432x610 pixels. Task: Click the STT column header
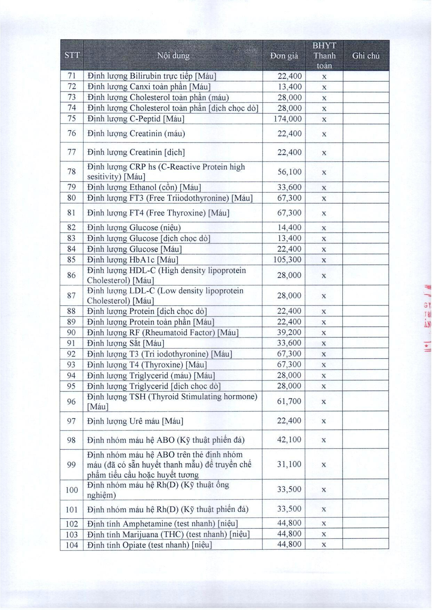point(72,55)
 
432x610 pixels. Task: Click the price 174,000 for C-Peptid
point(288,119)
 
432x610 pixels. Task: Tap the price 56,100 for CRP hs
point(289,172)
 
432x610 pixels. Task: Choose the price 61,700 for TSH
point(289,401)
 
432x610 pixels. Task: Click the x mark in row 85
point(324,260)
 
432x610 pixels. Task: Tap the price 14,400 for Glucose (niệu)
point(289,227)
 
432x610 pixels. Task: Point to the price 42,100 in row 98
point(289,440)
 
